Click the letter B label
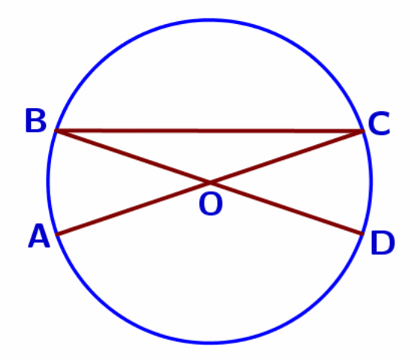coord(36,120)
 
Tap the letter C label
coord(379,123)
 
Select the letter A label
coord(39,236)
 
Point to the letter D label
coord(382,243)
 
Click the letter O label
coord(211,204)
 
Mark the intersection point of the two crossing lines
coord(210,183)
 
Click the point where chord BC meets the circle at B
coord(56,131)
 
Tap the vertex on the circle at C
coord(363,131)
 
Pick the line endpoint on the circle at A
coord(57,234)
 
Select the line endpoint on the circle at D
coord(362,234)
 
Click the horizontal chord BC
coord(209,131)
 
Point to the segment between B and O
coord(132,156)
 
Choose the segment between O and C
coord(286,157)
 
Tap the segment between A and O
coord(133,209)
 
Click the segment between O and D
coord(286,208)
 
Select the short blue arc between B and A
coord(48,182)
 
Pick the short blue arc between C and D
coord(371,182)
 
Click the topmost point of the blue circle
coord(210,20)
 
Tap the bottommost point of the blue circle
coord(210,342)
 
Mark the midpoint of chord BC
coord(209,131)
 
